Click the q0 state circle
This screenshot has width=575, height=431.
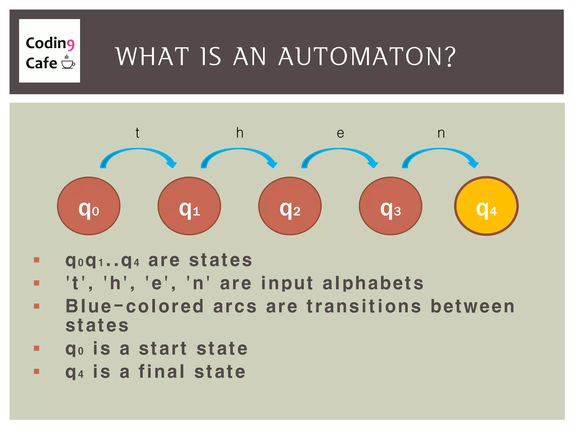(89, 206)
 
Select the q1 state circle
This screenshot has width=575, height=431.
(189, 206)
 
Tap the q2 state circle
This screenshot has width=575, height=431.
(290, 206)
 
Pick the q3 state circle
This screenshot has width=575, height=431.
(390, 206)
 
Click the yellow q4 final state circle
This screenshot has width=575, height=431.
(486, 206)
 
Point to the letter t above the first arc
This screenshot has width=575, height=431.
(137, 133)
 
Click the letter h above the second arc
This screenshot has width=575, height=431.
(239, 133)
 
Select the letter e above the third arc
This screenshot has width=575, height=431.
(340, 133)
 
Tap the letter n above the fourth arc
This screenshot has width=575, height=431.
(441, 133)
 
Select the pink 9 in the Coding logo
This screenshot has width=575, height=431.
(70, 45)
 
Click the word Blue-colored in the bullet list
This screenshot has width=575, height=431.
(134, 306)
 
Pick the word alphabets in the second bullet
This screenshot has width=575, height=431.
(373, 283)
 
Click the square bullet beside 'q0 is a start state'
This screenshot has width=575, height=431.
(36, 349)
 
